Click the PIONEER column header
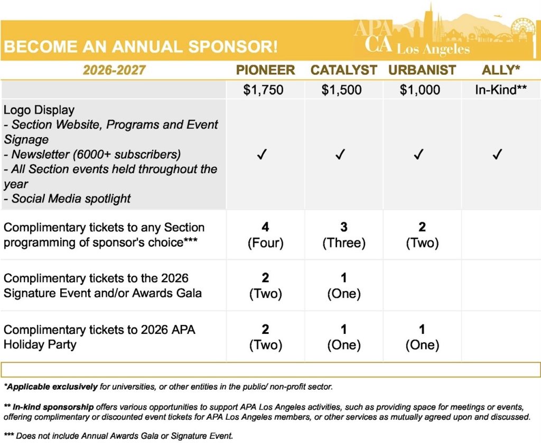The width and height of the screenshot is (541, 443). coord(265,70)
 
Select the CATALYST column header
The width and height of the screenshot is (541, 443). coord(343,70)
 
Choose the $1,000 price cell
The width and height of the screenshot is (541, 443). coord(419,90)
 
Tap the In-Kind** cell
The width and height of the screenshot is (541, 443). coord(500,90)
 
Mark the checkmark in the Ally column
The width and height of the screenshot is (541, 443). coord(497,155)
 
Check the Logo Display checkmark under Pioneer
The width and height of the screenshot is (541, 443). coord(263,155)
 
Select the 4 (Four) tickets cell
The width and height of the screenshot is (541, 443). coord(265,235)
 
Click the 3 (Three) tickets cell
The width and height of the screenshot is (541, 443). coord(344,235)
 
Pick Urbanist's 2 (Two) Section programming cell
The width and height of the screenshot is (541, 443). coord(422,235)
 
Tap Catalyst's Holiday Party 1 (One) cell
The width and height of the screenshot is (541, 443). coord(344,338)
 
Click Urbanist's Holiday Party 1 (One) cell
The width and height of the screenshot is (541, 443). coord(422,338)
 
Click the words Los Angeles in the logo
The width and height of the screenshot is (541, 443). coord(433,50)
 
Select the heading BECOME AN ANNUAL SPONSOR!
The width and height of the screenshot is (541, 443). coord(141,46)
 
